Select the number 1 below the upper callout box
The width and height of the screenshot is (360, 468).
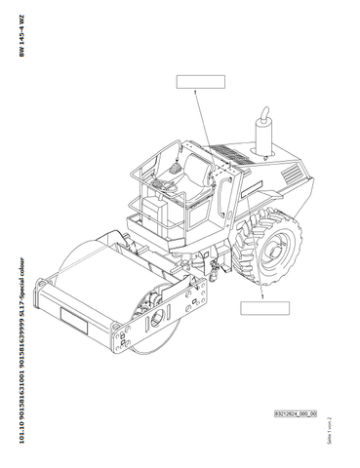pyautogui.click(x=196, y=94)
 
